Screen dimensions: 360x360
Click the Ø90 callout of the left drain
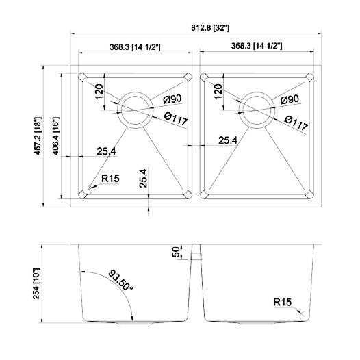click(172, 100)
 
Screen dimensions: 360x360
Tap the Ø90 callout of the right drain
click(290, 100)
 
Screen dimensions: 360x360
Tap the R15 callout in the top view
click(110, 179)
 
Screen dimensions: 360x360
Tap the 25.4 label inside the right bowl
click(227, 140)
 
